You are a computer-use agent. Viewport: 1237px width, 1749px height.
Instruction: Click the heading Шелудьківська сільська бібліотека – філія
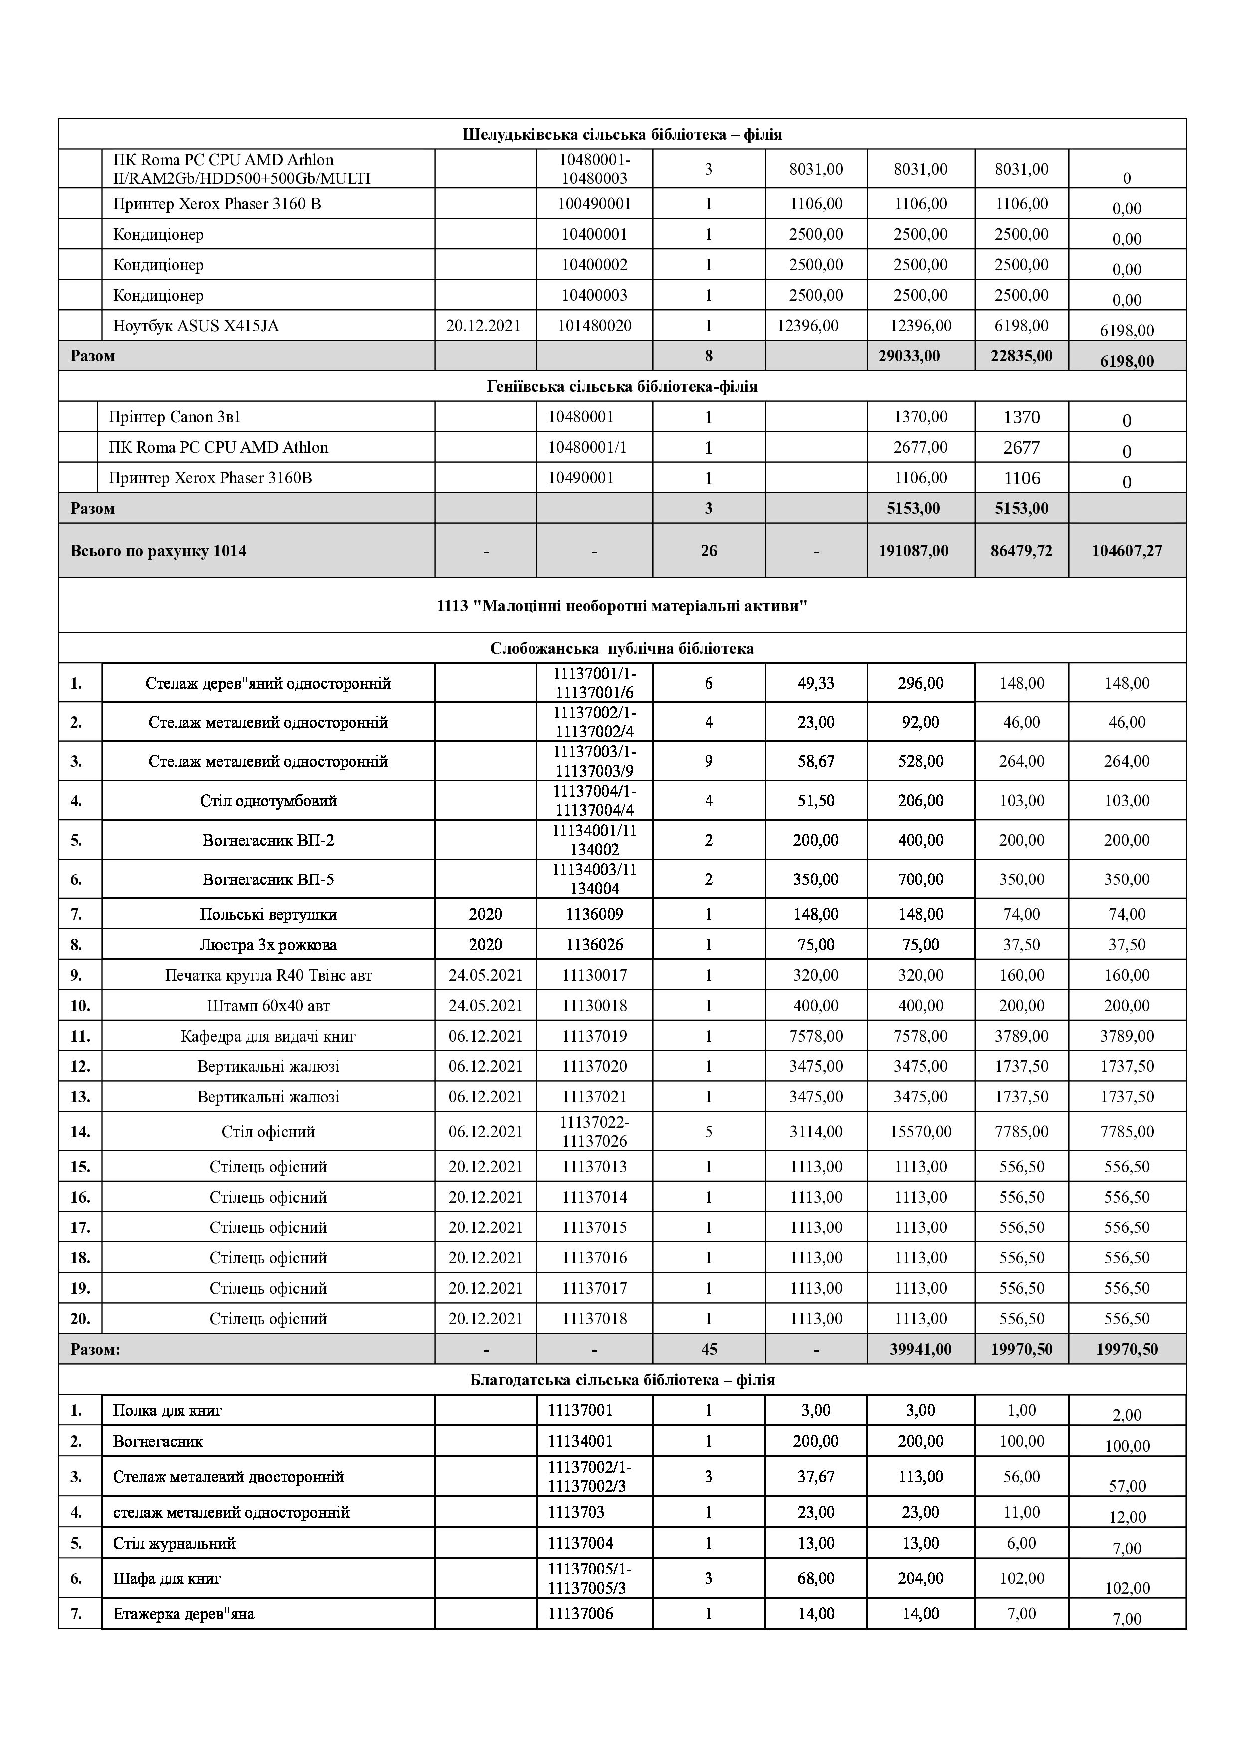pos(622,134)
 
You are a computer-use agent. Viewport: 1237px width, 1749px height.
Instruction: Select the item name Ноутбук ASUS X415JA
pos(196,326)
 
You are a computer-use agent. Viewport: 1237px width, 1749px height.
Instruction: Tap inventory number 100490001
pos(594,204)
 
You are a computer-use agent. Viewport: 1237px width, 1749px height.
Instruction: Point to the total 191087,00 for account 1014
pos(920,551)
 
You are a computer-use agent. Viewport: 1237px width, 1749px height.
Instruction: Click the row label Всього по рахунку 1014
pos(159,551)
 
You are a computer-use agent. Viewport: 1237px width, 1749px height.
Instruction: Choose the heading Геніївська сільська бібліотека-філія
pos(622,386)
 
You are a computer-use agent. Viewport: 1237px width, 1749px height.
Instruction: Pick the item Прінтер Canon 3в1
pos(175,417)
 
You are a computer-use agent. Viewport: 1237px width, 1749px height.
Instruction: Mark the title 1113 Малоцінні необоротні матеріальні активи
pos(622,606)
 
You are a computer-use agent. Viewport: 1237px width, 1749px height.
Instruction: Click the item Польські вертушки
pos(268,914)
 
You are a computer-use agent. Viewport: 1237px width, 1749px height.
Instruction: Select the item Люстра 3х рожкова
pos(268,945)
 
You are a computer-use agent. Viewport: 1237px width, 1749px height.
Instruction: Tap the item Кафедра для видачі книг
pos(268,1036)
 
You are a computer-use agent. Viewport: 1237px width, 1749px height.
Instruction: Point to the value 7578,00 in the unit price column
pos(816,1036)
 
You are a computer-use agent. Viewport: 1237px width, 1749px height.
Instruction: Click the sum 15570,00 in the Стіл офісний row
pos(920,1131)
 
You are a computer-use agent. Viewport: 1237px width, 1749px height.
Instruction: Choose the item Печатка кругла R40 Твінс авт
pos(268,975)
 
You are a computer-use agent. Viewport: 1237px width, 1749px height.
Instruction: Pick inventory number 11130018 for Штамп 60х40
pos(594,1006)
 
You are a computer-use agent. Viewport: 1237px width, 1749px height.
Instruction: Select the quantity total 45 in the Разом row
pos(708,1349)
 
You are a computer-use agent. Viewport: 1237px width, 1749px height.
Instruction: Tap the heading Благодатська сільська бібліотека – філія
pos(622,1380)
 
